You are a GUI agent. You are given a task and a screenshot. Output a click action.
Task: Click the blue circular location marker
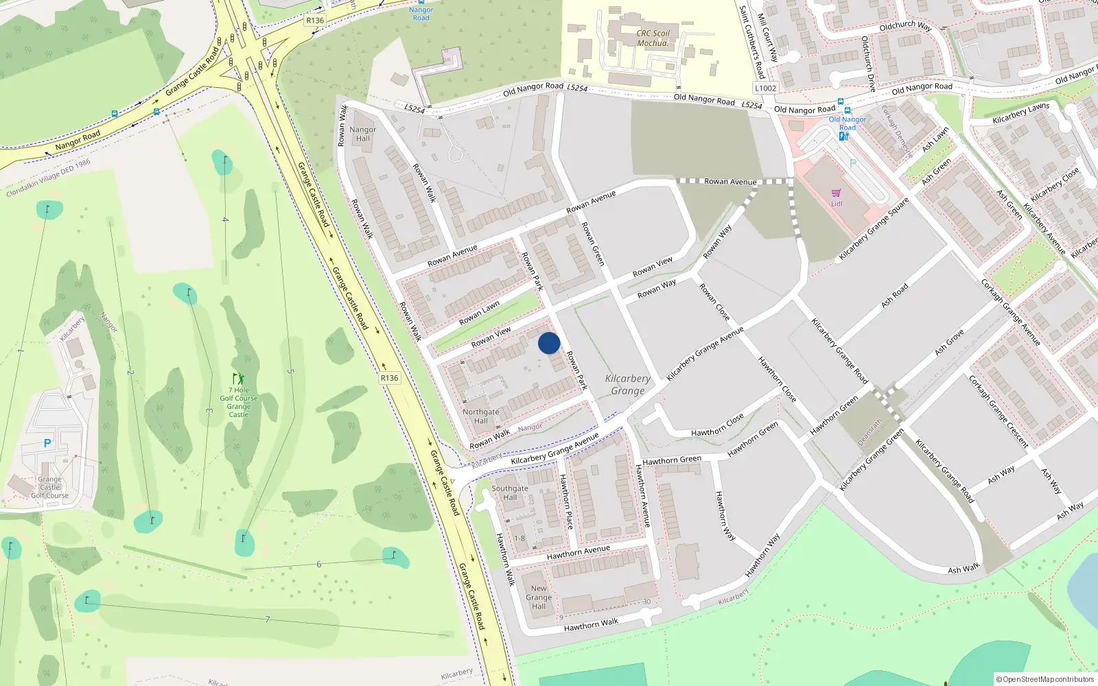(549, 343)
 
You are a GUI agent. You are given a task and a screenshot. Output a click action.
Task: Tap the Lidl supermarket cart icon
(836, 193)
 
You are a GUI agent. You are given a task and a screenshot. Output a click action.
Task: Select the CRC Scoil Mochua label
(653, 38)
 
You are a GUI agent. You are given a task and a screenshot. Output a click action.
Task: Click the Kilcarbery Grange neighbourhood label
(628, 384)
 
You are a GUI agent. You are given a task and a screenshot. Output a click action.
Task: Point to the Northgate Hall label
(480, 416)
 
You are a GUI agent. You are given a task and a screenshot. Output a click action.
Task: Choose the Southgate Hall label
(510, 493)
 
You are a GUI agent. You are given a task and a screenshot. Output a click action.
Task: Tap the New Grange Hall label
(539, 597)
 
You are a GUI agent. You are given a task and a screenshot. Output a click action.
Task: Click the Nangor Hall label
(362, 134)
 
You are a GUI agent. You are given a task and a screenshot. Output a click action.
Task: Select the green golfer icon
(238, 379)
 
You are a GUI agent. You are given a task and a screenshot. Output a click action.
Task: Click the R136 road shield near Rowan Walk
(389, 378)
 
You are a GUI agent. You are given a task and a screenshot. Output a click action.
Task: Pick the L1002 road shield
(765, 88)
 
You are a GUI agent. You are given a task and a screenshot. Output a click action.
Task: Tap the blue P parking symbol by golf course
(47, 443)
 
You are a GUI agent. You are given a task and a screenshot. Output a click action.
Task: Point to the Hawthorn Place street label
(565, 501)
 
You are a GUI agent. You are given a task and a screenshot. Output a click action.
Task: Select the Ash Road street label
(894, 294)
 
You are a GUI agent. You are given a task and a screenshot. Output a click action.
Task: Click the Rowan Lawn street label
(479, 314)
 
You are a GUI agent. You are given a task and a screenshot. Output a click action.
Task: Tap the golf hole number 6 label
(318, 565)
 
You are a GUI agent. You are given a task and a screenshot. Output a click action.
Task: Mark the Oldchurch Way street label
(905, 25)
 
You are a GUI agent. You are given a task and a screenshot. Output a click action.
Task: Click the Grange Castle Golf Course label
(49, 487)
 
